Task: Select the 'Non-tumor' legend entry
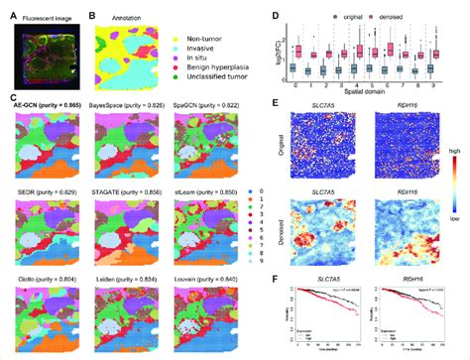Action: tap(204, 33)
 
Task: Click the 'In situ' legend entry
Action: tap(198, 57)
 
